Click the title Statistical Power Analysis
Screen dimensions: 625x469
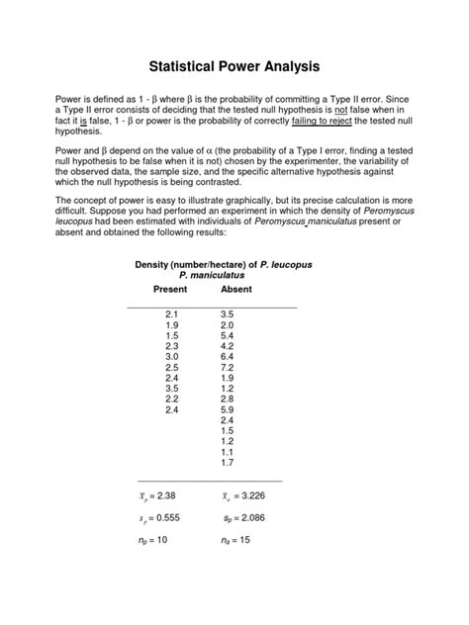coord(234,67)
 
